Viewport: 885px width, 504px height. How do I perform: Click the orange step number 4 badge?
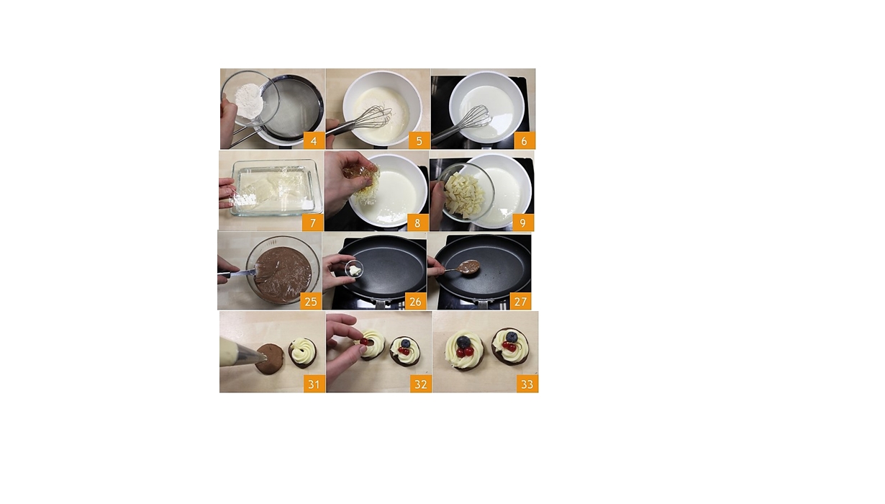click(x=314, y=140)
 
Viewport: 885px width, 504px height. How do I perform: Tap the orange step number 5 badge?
click(x=419, y=140)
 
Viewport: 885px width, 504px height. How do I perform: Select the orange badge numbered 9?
click(x=522, y=223)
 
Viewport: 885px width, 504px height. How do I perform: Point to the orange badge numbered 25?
click(x=311, y=302)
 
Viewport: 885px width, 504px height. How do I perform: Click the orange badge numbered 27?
click(x=520, y=302)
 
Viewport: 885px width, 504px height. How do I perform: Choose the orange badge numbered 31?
click(x=314, y=384)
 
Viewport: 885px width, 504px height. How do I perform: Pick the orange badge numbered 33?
click(x=527, y=384)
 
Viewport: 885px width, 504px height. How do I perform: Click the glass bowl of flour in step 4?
click(x=250, y=99)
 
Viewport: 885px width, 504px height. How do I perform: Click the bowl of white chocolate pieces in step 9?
click(x=466, y=192)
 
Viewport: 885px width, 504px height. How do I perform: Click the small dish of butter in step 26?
click(x=354, y=269)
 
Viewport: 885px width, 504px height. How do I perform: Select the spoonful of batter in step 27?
click(x=469, y=266)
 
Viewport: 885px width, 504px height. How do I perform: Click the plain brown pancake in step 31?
click(x=269, y=358)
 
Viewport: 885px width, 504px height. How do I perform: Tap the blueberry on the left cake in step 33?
click(x=463, y=342)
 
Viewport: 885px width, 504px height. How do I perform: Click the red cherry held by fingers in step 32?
click(x=364, y=341)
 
